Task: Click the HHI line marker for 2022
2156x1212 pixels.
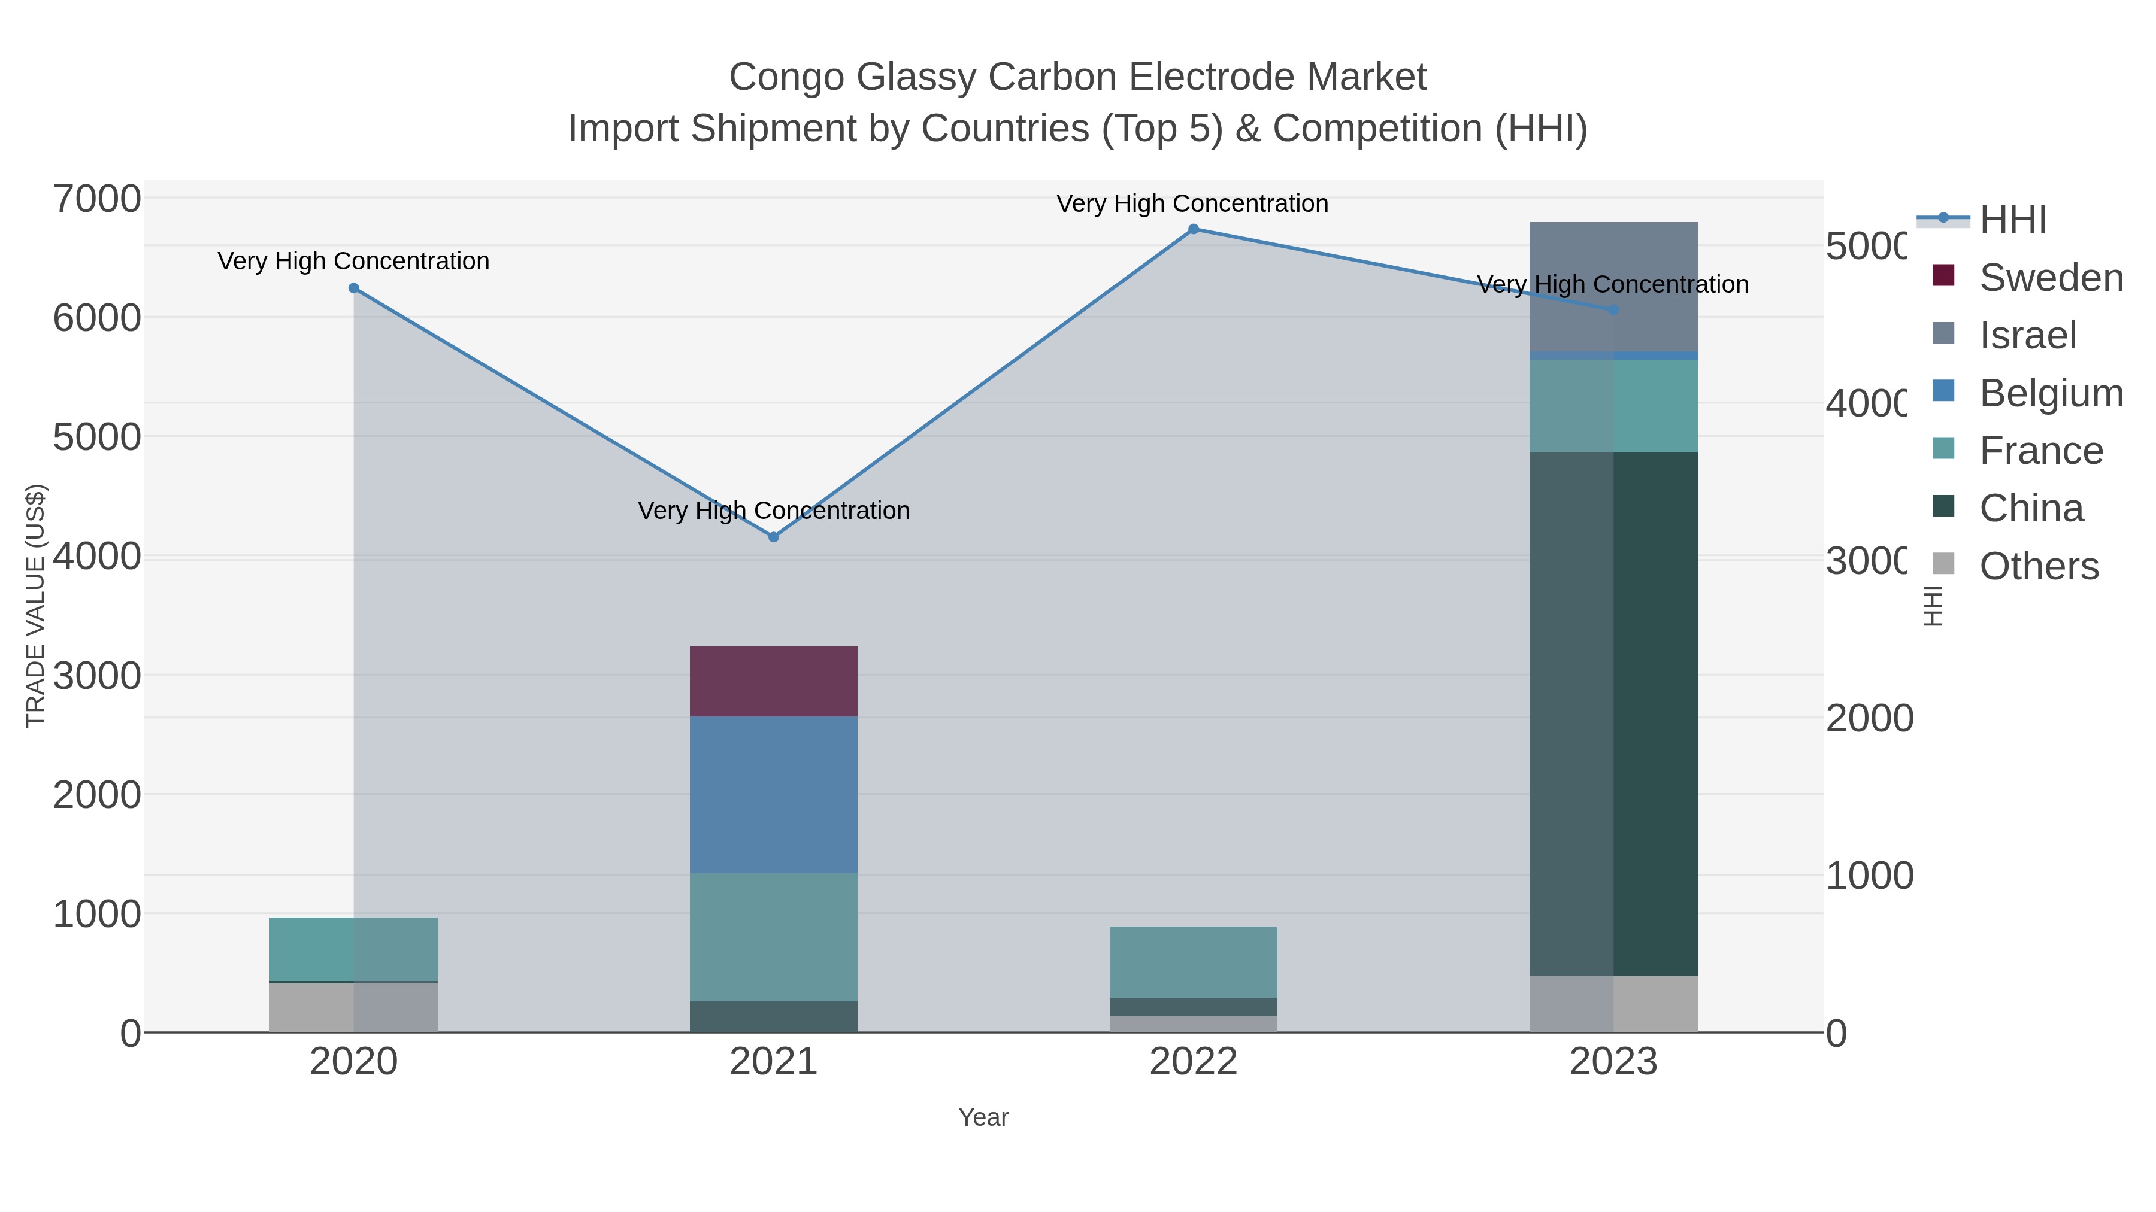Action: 1194,229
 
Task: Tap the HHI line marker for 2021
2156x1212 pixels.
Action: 773,537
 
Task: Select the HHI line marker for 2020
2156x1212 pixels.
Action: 353,288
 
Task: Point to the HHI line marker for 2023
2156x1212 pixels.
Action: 1613,310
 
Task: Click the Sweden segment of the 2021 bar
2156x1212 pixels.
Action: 773,681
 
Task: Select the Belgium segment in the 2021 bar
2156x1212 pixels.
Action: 773,795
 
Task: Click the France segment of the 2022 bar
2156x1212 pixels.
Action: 1194,962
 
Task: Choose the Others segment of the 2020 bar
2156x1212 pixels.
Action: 353,1007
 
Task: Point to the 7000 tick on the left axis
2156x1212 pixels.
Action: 97,199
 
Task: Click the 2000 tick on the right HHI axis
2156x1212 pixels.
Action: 1869,718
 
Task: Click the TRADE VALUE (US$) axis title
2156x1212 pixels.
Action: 35,606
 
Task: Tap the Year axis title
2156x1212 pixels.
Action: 983,1117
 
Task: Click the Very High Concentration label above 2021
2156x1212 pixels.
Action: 773,510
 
